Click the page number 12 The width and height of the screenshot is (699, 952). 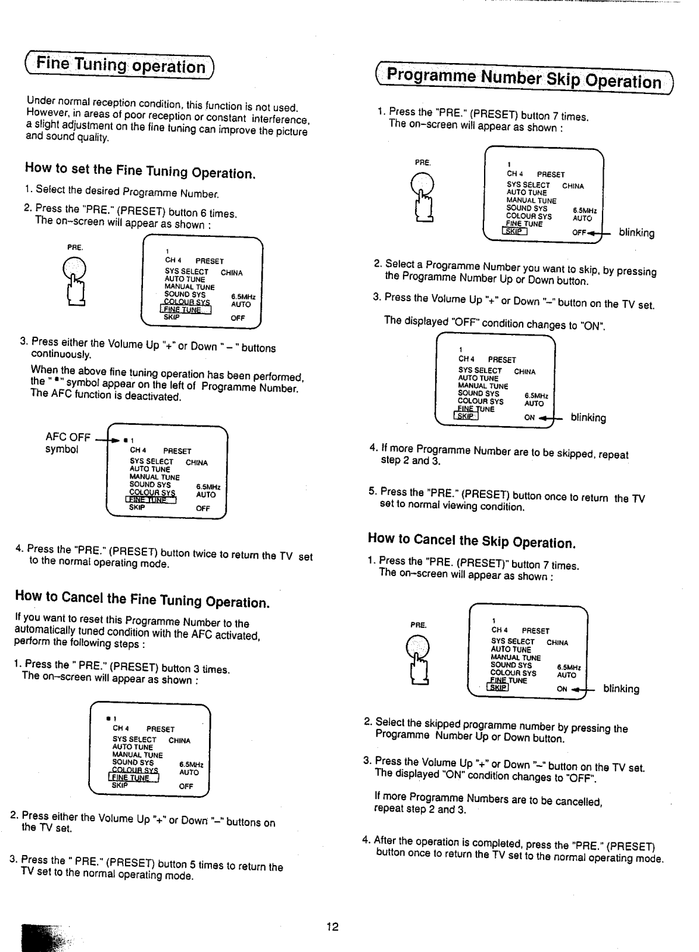click(332, 926)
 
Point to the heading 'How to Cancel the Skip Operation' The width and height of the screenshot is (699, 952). click(470, 540)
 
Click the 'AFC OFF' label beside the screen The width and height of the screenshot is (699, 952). click(68, 437)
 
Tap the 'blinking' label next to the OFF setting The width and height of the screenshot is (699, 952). click(636, 233)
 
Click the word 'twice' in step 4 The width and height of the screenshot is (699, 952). click(205, 553)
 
